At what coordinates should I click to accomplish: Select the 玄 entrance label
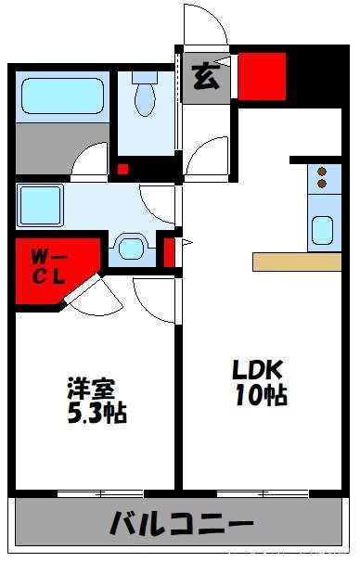point(206,79)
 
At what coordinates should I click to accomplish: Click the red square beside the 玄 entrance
point(261,76)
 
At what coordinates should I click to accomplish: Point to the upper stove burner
point(322,172)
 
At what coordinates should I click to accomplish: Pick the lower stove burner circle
point(322,184)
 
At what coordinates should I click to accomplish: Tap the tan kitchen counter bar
point(296,262)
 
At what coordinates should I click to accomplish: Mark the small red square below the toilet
point(122,169)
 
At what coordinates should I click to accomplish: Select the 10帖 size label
point(260,396)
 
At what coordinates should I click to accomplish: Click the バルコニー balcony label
point(181,526)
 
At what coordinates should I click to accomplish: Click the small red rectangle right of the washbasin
point(170,251)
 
